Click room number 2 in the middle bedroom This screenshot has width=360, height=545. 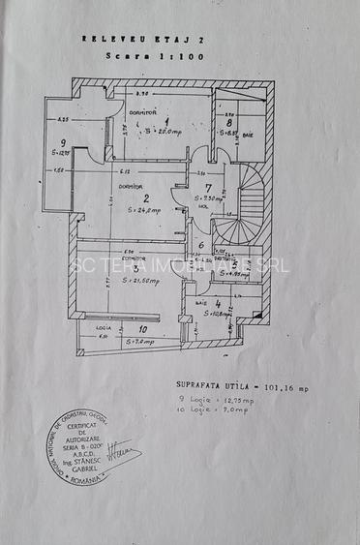pyautogui.click(x=146, y=197)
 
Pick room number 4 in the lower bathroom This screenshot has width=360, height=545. pyautogui.click(x=219, y=302)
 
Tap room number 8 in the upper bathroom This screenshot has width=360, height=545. pyautogui.click(x=228, y=123)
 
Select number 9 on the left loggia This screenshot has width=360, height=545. pyautogui.click(x=62, y=142)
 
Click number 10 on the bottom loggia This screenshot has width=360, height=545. pyautogui.click(x=144, y=330)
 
